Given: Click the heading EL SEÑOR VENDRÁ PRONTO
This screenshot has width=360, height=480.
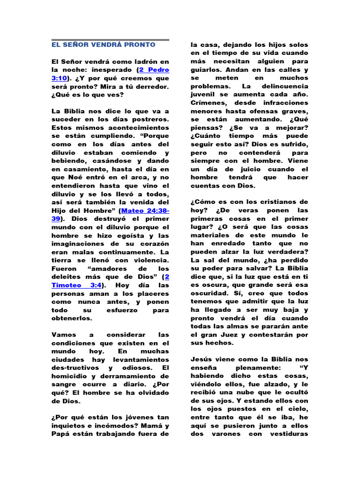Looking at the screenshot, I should (x=103, y=45).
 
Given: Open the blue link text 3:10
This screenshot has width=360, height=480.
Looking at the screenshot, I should (x=60, y=78).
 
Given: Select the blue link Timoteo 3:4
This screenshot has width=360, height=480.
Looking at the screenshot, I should (x=77, y=285).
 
